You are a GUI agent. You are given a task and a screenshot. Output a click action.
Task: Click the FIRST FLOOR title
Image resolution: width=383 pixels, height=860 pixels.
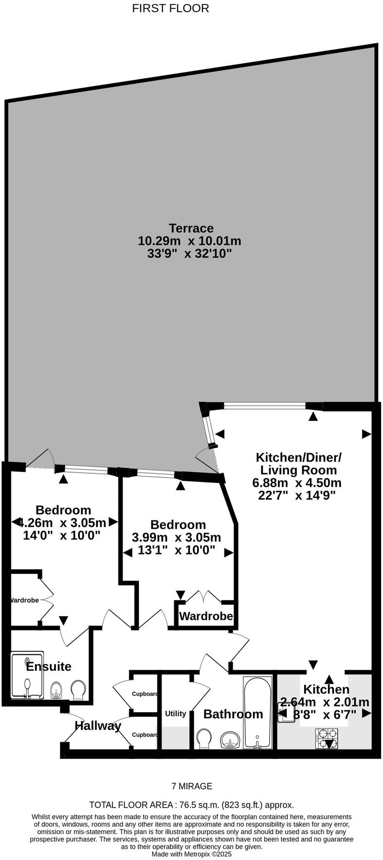[170, 8]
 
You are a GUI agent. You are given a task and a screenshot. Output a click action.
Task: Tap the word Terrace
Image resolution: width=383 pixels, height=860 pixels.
[191, 228]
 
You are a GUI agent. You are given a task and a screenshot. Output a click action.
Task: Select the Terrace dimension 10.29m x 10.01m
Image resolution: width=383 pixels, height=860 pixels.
[190, 241]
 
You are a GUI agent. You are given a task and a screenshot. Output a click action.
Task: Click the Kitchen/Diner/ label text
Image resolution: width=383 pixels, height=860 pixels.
[299, 457]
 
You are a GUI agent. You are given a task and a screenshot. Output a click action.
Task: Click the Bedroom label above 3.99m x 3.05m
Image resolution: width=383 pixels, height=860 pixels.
[178, 525]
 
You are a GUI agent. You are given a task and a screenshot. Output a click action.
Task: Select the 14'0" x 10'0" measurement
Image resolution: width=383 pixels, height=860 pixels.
[62, 536]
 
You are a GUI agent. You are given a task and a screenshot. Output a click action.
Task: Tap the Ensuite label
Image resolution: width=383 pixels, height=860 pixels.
[48, 666]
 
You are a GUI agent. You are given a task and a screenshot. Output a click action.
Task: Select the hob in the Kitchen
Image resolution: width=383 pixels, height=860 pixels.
[327, 737]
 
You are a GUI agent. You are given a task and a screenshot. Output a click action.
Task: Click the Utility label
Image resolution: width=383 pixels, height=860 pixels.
[175, 714]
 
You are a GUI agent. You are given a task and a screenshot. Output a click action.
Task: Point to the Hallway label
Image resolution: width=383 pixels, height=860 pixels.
[98, 726]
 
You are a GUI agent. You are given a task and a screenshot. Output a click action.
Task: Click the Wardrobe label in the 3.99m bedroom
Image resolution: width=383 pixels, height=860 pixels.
[206, 616]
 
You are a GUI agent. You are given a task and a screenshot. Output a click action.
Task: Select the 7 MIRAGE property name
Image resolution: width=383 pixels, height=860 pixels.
[192, 786]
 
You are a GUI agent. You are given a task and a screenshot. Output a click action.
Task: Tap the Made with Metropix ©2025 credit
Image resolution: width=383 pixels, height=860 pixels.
[192, 854]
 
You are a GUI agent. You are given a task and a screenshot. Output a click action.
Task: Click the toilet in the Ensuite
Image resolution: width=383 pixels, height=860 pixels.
[78, 689]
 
